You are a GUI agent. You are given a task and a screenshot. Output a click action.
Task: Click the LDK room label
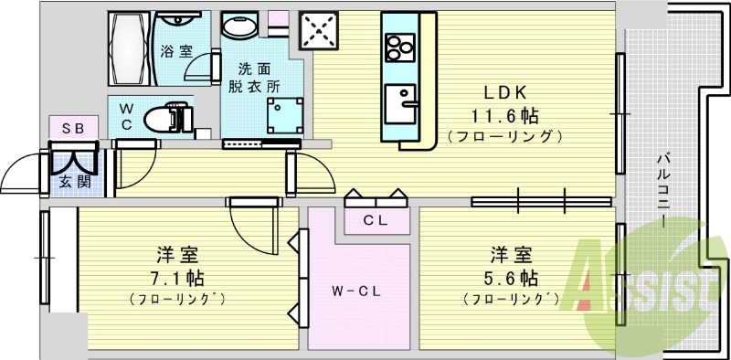[x=504, y=92]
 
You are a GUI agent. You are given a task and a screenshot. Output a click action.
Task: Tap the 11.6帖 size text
[x=504, y=115]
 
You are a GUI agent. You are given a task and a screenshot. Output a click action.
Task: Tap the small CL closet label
[x=375, y=220]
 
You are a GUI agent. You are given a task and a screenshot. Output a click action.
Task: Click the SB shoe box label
[x=73, y=129]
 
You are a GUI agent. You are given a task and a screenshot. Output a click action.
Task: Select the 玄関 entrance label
[x=75, y=181]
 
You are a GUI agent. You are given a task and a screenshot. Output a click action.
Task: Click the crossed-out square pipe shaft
[x=322, y=30]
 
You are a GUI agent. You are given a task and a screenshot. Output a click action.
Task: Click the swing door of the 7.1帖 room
[x=251, y=228]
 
